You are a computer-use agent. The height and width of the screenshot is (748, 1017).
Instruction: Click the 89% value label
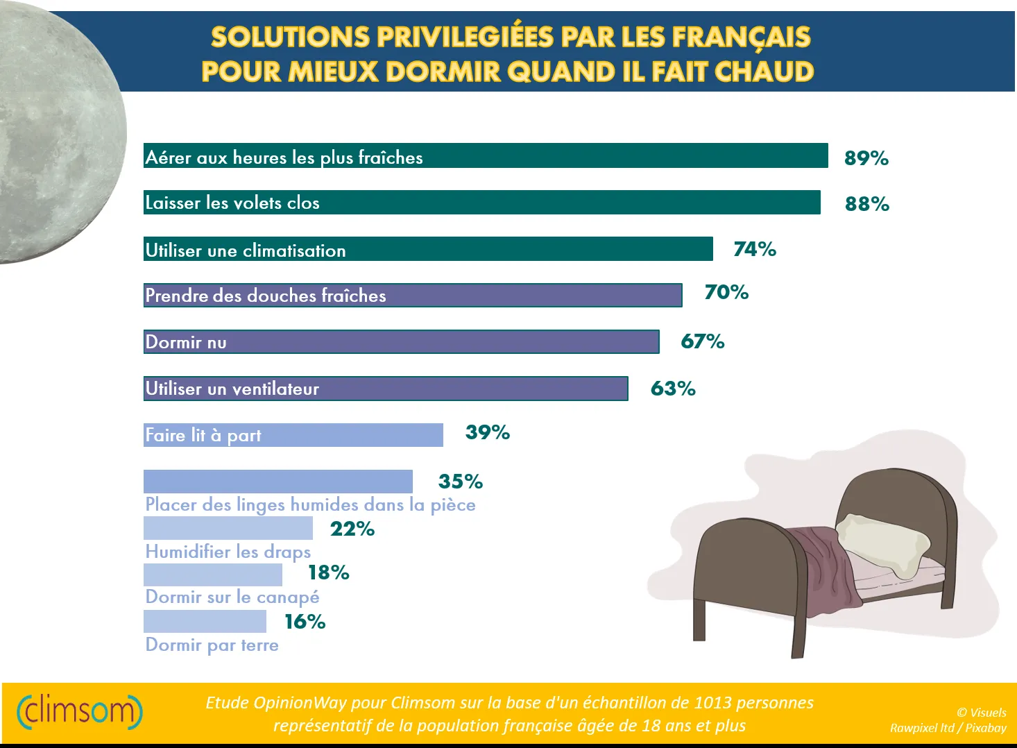click(866, 158)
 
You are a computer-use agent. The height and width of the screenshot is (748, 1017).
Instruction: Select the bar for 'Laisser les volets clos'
click(481, 203)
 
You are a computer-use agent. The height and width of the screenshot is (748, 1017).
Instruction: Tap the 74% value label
click(755, 249)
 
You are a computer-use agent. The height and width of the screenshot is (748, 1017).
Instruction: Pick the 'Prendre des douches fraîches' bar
click(412, 296)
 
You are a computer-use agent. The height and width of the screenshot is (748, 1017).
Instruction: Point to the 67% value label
click(702, 341)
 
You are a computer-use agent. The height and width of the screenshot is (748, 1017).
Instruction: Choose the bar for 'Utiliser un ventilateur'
click(385, 389)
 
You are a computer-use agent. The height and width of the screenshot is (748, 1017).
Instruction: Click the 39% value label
click(487, 432)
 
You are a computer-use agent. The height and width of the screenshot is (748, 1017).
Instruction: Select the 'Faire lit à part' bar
click(293, 435)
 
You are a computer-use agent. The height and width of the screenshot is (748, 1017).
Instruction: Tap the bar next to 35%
click(277, 482)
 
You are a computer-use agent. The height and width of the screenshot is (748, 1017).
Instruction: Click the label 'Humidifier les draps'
click(228, 552)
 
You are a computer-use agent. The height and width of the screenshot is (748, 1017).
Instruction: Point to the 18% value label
click(328, 572)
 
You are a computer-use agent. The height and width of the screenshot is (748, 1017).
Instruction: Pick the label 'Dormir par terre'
click(212, 645)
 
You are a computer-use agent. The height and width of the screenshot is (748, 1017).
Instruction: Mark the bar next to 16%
click(205, 621)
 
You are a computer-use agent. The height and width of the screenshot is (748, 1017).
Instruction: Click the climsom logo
click(79, 711)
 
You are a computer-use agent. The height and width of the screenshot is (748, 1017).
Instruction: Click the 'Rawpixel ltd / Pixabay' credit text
click(948, 728)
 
